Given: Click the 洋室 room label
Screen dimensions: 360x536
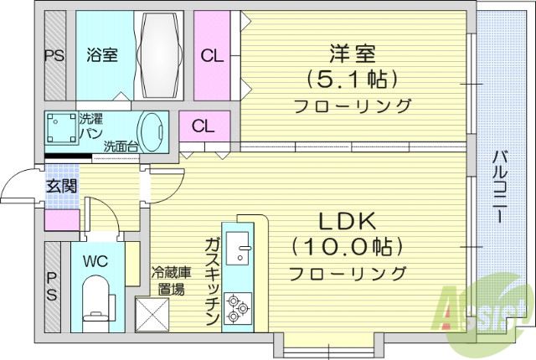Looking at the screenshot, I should (352, 52).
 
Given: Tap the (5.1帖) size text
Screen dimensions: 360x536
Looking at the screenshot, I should (352, 79).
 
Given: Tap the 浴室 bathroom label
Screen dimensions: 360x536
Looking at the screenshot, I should (101, 56).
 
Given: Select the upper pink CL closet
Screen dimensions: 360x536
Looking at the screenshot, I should (213, 56).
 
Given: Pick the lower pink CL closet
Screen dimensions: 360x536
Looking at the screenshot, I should (202, 126).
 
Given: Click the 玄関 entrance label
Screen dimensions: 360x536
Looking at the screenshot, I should (61, 185).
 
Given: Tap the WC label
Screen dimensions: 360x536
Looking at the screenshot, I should (95, 260).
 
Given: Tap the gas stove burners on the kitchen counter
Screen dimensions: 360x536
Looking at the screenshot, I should (237, 307).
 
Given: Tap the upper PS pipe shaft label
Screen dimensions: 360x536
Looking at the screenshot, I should (53, 56).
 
